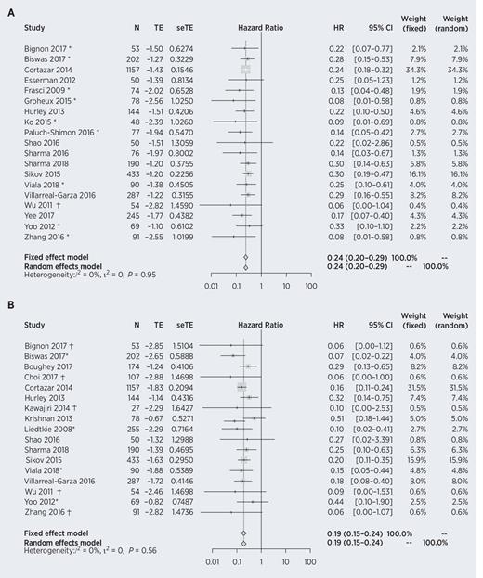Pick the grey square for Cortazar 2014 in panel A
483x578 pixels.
pos(245,69)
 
